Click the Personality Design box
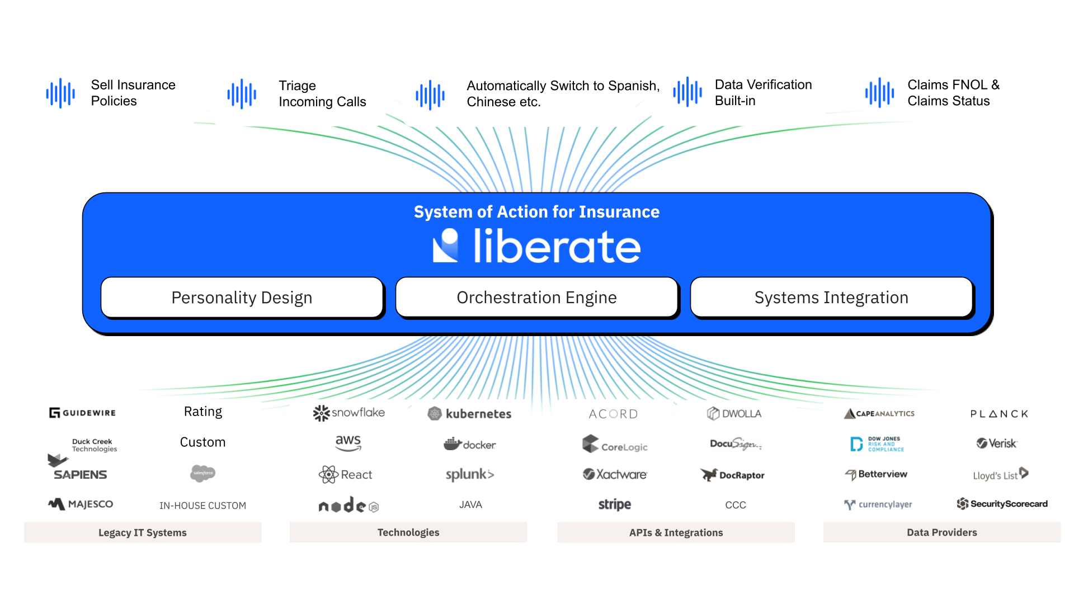pyautogui.click(x=242, y=298)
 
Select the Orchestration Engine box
pyautogui.click(x=536, y=298)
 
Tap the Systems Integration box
pyautogui.click(x=831, y=298)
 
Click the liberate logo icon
pyautogui.click(x=446, y=246)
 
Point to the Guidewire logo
pyautogui.click(x=82, y=413)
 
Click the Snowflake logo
pyautogui.click(x=349, y=413)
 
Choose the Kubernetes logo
pyautogui.click(x=469, y=414)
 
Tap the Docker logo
pyautogui.click(x=469, y=445)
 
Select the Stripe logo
pyautogui.click(x=614, y=504)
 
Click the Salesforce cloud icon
pyautogui.click(x=202, y=473)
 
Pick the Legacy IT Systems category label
pyautogui.click(x=142, y=532)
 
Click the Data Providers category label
pyautogui.click(x=941, y=532)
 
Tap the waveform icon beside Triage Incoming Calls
pyautogui.click(x=242, y=93)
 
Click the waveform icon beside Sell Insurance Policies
pyautogui.click(x=60, y=93)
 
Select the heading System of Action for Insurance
pyautogui.click(x=536, y=212)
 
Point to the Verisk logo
pyautogui.click(x=996, y=443)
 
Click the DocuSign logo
pyautogui.click(x=735, y=445)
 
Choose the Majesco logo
pyautogui.click(x=81, y=504)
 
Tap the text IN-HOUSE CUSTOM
pyautogui.click(x=202, y=506)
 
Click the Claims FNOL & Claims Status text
pyautogui.click(x=953, y=93)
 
